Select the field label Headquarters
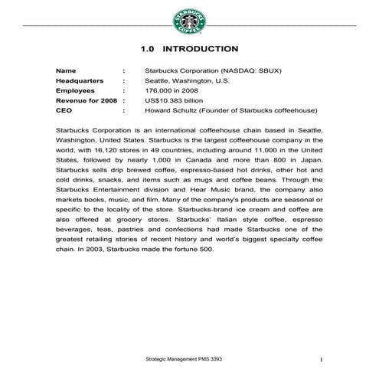80,80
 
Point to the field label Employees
75,90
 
